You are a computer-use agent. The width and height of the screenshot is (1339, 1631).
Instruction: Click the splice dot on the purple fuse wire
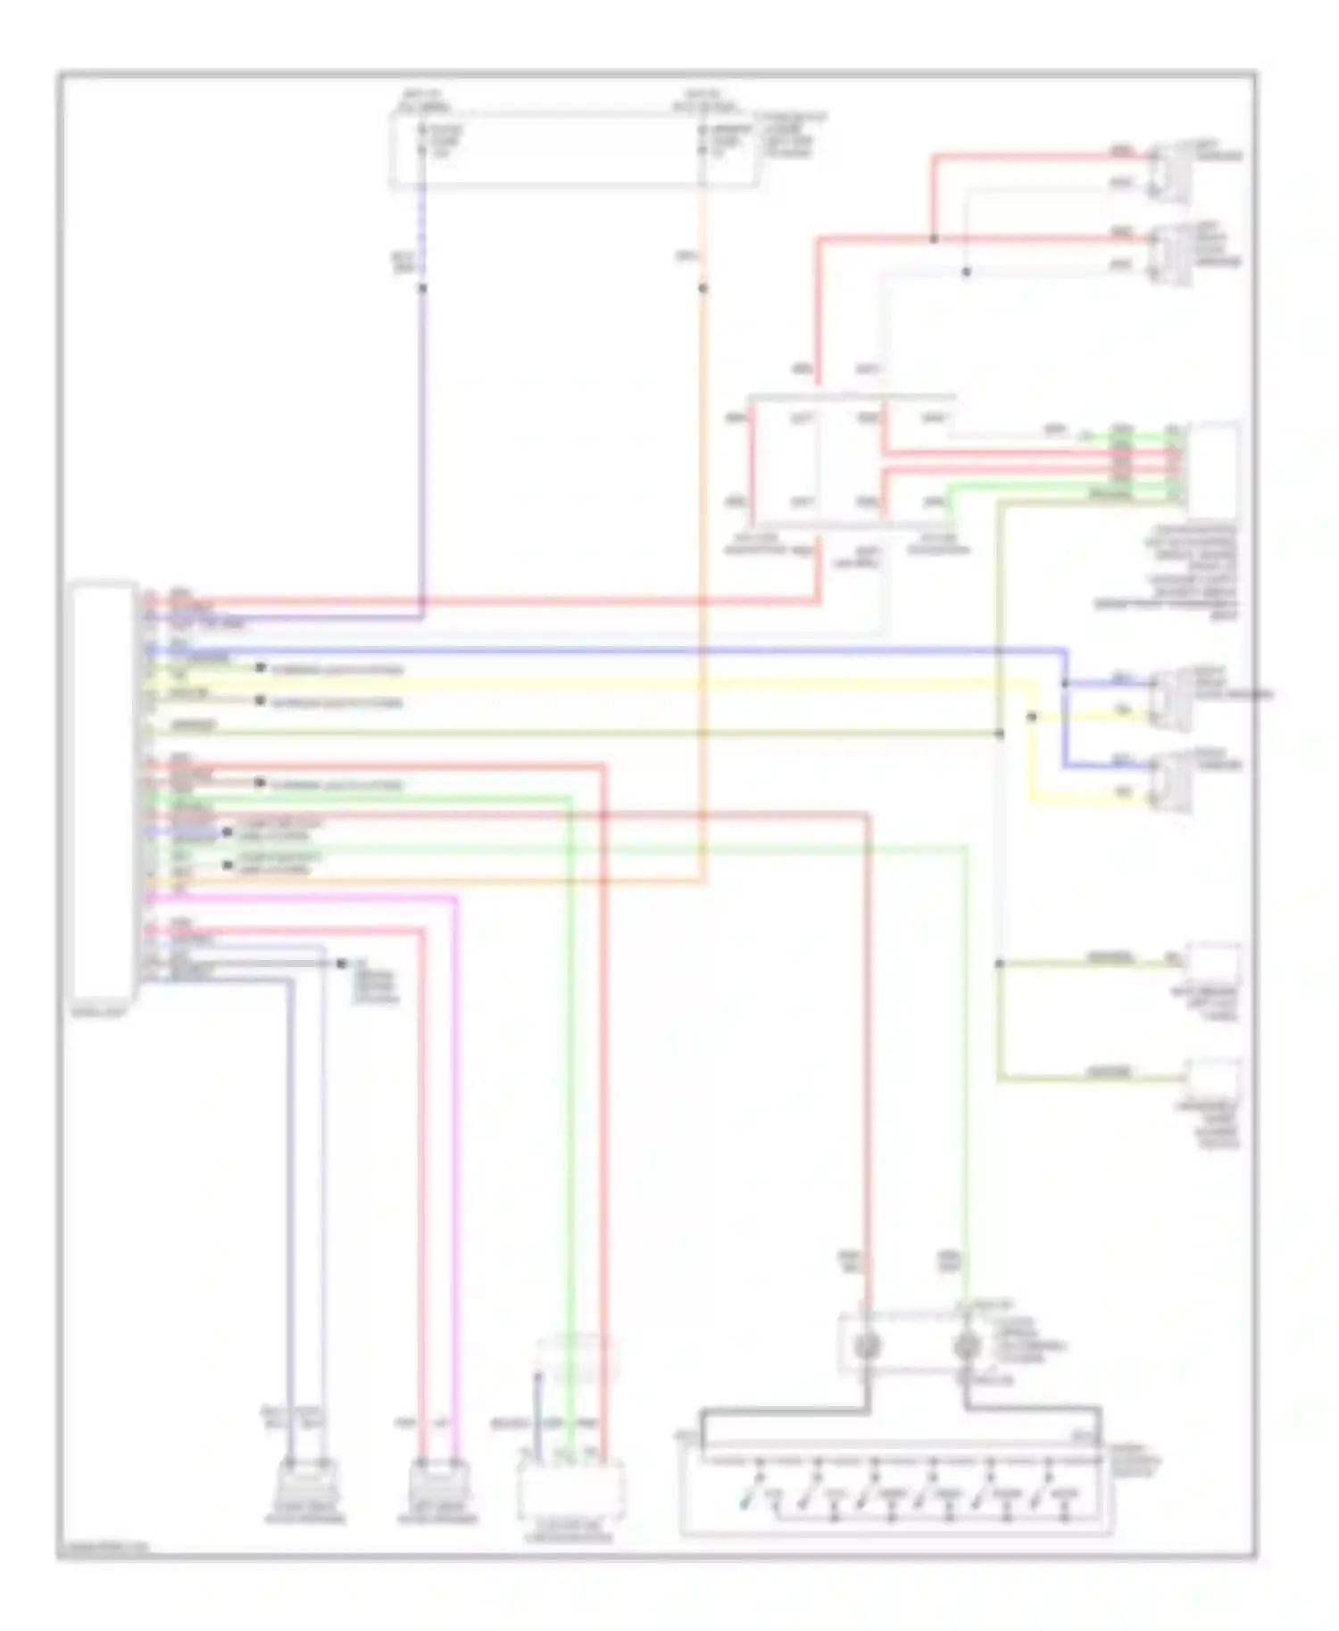(422, 288)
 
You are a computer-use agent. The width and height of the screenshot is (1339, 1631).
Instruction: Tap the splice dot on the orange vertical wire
(703, 288)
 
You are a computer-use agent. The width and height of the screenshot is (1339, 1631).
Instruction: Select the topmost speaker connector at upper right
(1169, 170)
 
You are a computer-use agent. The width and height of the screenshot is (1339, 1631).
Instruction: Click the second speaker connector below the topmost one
(1169, 253)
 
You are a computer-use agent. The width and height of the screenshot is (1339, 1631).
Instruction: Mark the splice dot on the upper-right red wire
(933, 239)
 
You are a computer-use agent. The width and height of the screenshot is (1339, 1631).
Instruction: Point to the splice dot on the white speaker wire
(966, 272)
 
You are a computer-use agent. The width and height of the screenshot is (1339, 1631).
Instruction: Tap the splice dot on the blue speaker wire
(1065, 683)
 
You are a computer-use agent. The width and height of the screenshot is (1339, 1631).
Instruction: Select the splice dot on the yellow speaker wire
(1032, 716)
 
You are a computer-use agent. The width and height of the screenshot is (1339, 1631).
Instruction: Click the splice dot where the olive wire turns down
(999, 733)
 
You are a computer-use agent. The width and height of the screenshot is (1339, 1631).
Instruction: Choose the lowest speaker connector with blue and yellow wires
(1169, 782)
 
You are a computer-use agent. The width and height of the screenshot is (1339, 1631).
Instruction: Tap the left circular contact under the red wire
(866, 1345)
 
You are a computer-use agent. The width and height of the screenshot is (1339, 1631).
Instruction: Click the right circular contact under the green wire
(967, 1345)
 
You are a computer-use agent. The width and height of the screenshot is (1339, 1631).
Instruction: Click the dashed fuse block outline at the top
(573, 150)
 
